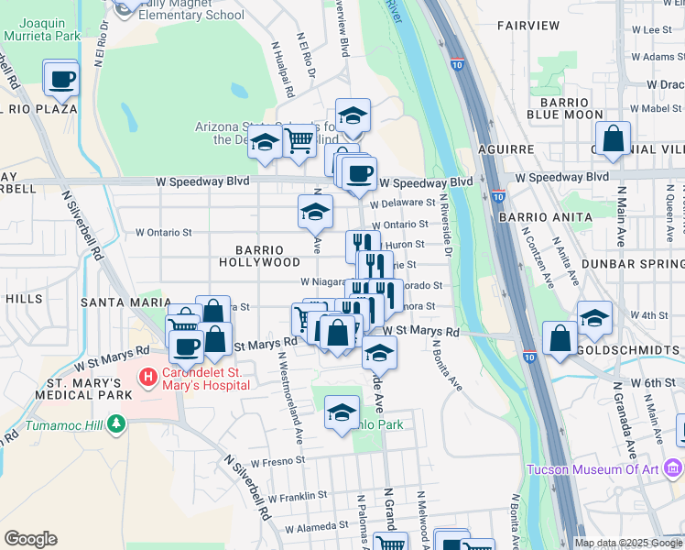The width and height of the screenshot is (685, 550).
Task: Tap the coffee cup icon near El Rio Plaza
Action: [61, 79]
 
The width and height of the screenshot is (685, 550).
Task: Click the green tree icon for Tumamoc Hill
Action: [115, 423]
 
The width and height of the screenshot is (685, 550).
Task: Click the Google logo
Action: [30, 539]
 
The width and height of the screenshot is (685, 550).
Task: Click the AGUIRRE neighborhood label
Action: [506, 148]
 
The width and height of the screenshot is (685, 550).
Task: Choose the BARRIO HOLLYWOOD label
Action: [260, 256]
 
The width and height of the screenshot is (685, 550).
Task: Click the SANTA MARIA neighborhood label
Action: [126, 302]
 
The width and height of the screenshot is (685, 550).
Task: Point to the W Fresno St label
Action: [276, 462]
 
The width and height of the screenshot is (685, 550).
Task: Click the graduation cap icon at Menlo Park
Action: [342, 413]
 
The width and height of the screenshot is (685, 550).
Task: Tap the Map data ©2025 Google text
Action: [628, 543]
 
